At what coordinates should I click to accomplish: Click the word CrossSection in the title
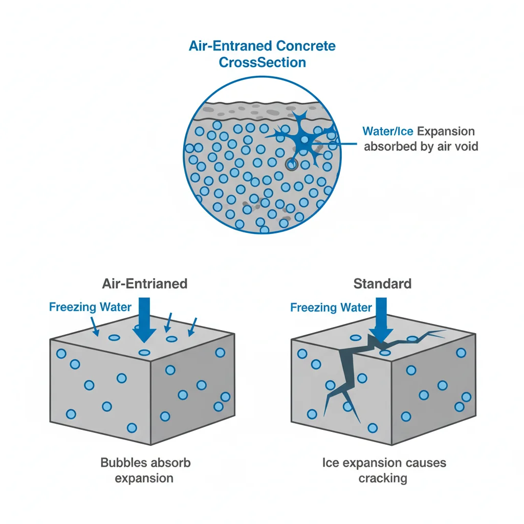[x=262, y=62]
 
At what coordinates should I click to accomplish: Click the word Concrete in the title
[x=306, y=46]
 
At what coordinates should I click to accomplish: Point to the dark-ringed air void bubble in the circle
[x=291, y=164]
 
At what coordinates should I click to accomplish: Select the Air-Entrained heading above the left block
[x=145, y=283]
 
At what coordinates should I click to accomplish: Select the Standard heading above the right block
[x=382, y=283]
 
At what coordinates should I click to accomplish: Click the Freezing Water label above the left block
[x=90, y=308]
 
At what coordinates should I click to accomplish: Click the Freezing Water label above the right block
[x=331, y=308]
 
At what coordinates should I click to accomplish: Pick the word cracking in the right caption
[x=383, y=479]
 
